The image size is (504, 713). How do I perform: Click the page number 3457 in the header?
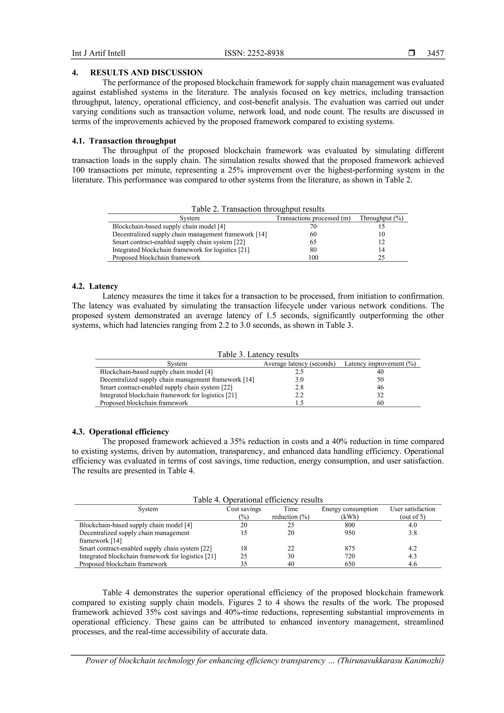point(435,53)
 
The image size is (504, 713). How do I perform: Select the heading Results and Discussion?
point(146,73)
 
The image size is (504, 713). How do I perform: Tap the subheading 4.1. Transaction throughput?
point(124,141)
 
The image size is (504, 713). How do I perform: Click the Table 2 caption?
point(258,209)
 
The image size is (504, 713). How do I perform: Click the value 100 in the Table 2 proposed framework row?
point(313,258)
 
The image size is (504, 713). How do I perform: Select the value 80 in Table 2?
point(313,250)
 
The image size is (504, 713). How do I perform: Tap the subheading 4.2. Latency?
point(95,286)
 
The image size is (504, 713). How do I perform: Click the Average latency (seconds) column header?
point(299,364)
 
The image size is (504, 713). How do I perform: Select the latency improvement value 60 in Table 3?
point(380,403)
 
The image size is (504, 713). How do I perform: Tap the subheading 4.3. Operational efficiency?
point(121,432)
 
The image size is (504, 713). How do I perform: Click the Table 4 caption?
point(258,500)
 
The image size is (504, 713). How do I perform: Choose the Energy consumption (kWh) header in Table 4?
point(350,513)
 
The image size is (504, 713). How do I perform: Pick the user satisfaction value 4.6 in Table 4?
point(412,564)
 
